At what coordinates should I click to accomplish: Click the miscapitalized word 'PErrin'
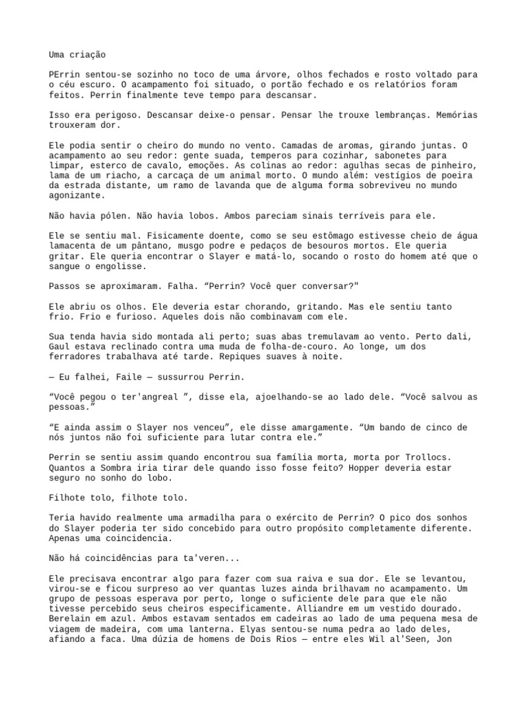tap(64, 74)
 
